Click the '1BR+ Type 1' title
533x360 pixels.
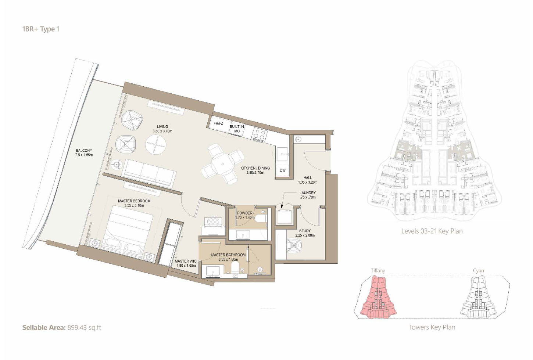(41, 29)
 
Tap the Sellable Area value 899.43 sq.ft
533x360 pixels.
(84, 328)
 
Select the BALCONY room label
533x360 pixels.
(84, 151)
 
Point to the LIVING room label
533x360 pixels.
(162, 126)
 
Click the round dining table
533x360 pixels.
(222, 164)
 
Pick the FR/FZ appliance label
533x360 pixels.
(218, 124)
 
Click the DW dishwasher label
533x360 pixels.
(283, 170)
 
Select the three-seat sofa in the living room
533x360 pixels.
(150, 173)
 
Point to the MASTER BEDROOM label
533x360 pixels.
(134, 201)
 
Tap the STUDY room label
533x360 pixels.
(305, 231)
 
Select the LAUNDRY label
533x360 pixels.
(308, 193)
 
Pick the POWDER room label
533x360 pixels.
(244, 213)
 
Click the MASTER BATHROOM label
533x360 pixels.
(228, 255)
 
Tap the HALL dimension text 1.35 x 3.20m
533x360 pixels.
(308, 182)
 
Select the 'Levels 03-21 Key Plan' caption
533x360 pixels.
(432, 231)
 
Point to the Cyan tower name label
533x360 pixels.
(478, 271)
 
